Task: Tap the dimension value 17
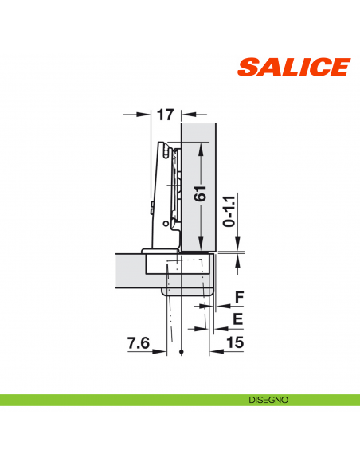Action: [x=165, y=115]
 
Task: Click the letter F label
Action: [x=237, y=300]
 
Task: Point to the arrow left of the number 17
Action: [x=146, y=115]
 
